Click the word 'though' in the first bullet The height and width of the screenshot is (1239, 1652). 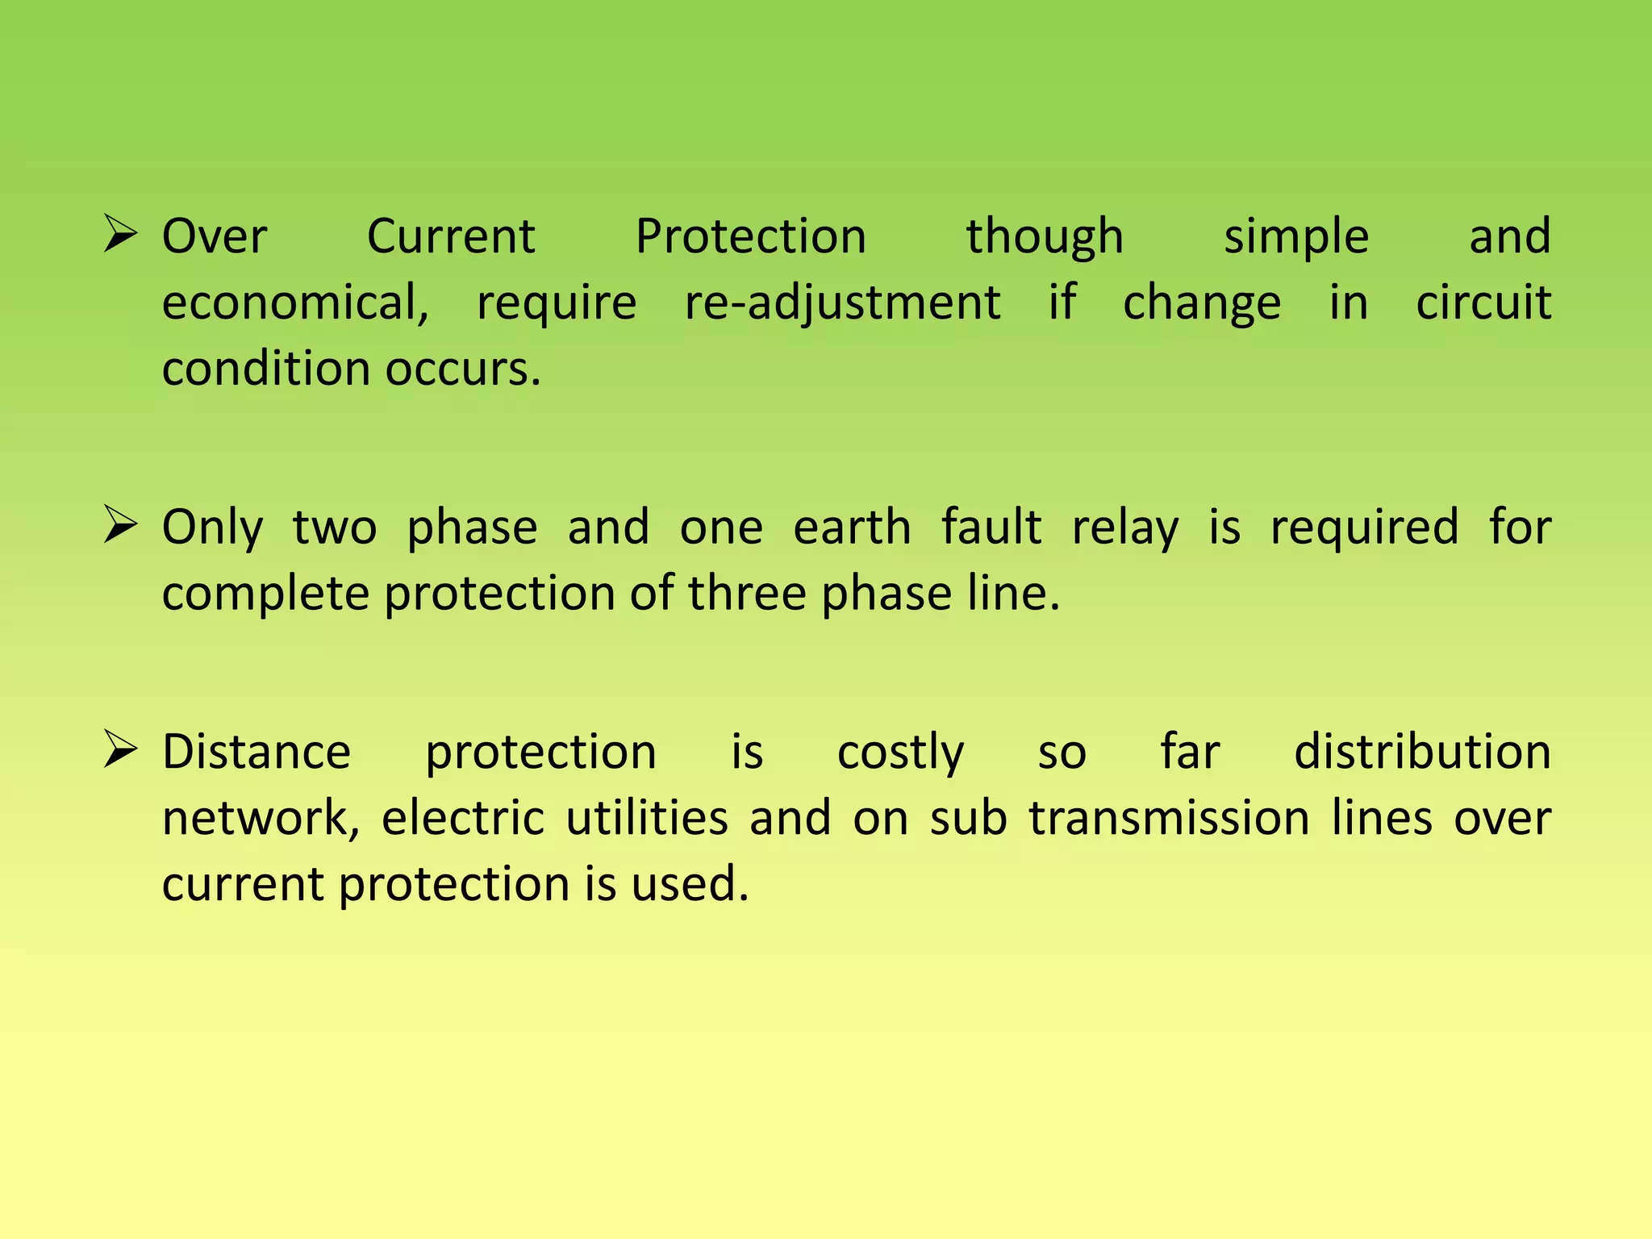[x=1045, y=237]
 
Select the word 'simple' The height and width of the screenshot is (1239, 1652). [x=1296, y=237]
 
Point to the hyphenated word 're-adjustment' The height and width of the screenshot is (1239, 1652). [x=842, y=303]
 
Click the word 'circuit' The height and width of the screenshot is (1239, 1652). [x=1483, y=303]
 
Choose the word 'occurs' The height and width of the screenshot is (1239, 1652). [x=461, y=369]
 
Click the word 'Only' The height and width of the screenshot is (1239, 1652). [x=213, y=528]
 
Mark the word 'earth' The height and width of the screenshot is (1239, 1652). [x=852, y=528]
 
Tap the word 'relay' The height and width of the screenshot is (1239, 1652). [x=1124, y=528]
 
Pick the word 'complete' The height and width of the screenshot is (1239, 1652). [x=266, y=594]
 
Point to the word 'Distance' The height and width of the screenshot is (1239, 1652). [x=257, y=753]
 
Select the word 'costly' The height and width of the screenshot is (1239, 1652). [x=900, y=753]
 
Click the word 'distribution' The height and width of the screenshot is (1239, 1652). [x=1422, y=753]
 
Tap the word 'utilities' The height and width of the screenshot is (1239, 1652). [x=647, y=819]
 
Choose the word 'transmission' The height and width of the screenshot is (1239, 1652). [x=1169, y=819]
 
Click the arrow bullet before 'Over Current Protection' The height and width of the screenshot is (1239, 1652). [x=120, y=235]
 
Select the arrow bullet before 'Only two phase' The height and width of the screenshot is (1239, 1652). [x=120, y=526]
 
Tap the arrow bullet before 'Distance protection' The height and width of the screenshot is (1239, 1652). [x=120, y=750]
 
